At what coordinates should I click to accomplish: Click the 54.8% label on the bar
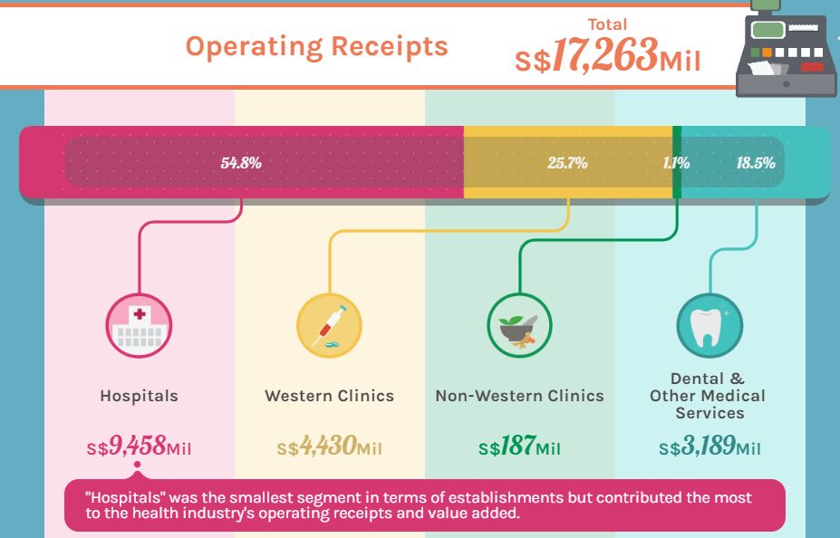[241, 164]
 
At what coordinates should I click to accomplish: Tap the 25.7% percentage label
[567, 164]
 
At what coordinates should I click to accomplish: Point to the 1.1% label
[676, 164]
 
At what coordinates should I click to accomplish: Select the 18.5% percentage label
[756, 164]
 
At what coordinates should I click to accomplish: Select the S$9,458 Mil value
[139, 447]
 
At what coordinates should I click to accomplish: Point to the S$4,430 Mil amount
[329, 447]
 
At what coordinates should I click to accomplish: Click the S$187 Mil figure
[519, 447]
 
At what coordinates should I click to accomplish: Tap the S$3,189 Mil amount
[710, 447]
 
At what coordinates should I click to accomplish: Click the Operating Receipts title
[316, 46]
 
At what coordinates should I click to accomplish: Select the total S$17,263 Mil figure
[607, 58]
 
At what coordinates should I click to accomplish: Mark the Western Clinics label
[329, 396]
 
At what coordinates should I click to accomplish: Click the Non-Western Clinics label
[519, 396]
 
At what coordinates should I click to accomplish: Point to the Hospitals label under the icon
[139, 396]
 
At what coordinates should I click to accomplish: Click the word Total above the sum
[607, 24]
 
